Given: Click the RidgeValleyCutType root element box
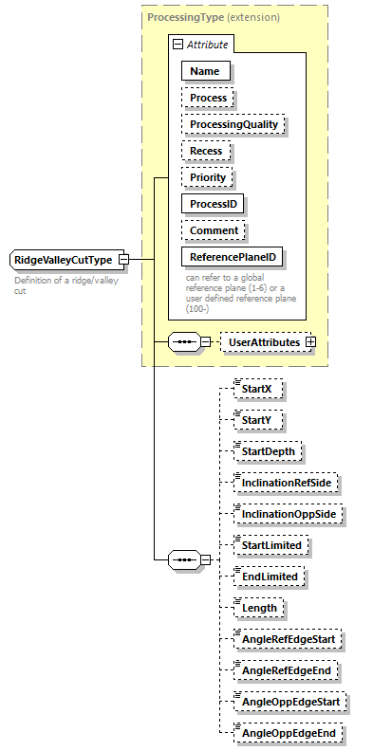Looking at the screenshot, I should tap(63, 260).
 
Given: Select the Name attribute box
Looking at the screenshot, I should tap(205, 71).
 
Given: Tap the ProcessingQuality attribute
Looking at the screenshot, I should tap(233, 124).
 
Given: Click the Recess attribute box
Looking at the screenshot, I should tap(206, 151).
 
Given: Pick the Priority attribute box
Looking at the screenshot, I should tap(207, 177).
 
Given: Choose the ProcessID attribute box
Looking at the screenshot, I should tap(214, 204).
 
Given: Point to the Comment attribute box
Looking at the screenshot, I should tap(214, 230).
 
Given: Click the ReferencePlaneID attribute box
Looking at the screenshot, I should tap(233, 257).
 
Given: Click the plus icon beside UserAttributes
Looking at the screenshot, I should tap(309, 341).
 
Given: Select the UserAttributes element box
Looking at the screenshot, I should tap(264, 341).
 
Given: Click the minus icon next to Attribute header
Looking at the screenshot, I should tap(177, 45).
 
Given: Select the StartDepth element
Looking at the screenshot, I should tap(269, 451).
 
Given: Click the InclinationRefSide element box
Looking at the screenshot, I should tap(286, 483).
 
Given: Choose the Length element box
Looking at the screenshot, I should tap(258, 608).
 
